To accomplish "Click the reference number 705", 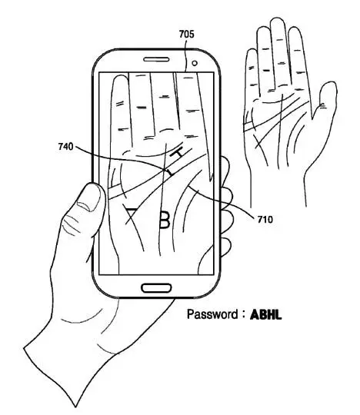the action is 186,34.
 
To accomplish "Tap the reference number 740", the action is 65,146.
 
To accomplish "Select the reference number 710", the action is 265,219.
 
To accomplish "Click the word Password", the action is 212,314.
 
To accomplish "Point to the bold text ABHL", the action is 265,314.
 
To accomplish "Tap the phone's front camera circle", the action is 195,63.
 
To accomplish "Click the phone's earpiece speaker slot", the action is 156,59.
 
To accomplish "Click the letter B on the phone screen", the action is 165,220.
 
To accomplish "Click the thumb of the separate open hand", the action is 325,101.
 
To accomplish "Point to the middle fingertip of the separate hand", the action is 277,22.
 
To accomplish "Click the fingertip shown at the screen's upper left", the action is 120,79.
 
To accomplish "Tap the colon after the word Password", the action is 243,315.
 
